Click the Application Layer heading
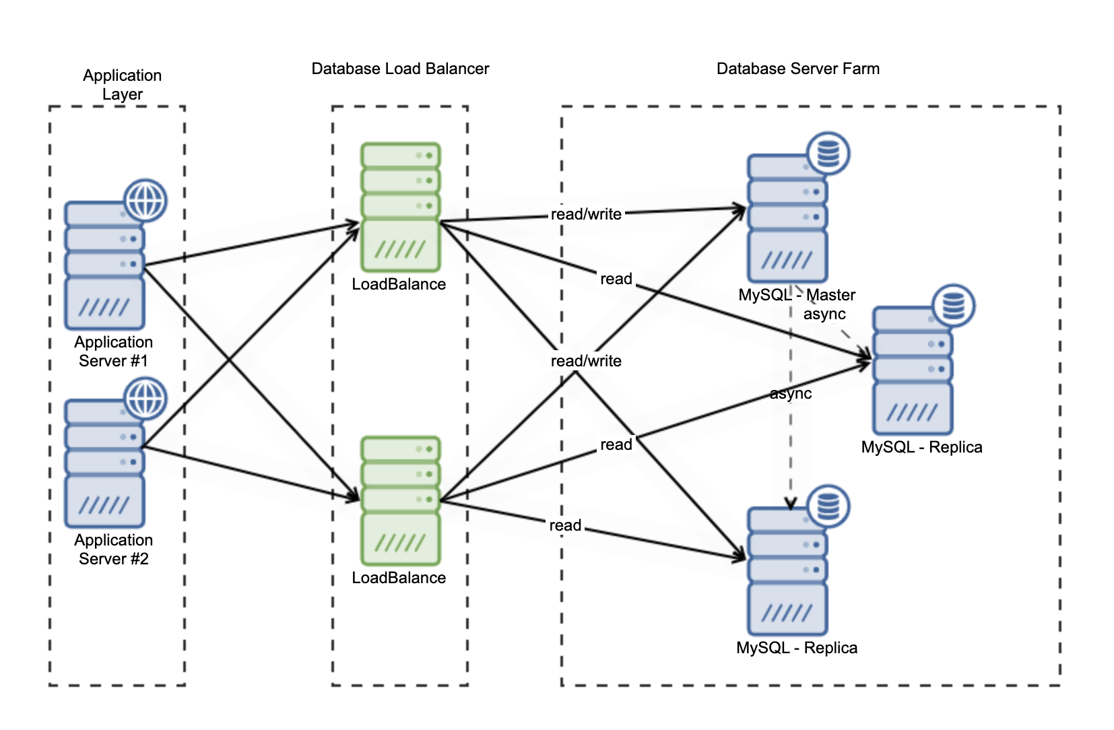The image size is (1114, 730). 122,84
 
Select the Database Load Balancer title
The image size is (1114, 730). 400,69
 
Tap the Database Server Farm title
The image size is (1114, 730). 797,69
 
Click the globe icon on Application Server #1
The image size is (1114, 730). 145,200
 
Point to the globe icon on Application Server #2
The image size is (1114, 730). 145,398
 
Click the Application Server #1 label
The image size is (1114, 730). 113,351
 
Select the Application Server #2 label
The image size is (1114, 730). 113,549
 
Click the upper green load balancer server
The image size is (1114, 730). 400,207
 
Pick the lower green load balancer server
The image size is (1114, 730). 400,500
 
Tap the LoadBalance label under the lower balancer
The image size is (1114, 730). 399,578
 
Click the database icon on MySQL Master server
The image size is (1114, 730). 828,154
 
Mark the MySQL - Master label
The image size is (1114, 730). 797,295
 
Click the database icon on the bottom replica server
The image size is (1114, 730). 828,506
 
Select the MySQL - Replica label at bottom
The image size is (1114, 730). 797,648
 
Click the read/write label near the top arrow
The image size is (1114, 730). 586,214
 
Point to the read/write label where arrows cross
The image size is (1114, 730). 586,361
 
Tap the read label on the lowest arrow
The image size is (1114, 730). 565,525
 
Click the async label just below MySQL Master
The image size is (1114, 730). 824,314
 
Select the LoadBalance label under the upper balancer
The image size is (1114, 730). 399,284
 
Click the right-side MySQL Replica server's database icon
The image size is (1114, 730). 953,306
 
